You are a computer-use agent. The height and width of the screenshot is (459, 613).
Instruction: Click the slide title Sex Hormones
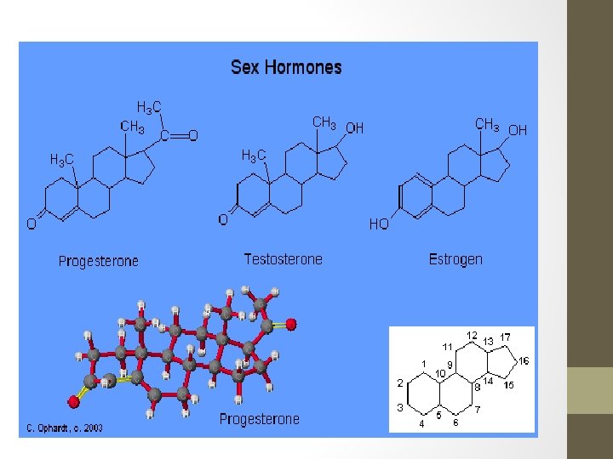[286, 68]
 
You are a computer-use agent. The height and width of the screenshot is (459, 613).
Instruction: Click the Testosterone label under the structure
[283, 259]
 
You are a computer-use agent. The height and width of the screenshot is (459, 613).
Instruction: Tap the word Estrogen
[455, 259]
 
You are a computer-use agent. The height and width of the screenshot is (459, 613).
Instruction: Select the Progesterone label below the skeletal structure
[98, 261]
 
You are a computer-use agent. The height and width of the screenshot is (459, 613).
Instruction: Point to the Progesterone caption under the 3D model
[260, 419]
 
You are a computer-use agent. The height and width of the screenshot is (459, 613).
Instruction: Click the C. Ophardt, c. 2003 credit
[64, 428]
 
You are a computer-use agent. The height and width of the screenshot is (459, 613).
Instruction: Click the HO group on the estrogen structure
[379, 224]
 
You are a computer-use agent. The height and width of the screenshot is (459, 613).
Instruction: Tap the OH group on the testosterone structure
[354, 128]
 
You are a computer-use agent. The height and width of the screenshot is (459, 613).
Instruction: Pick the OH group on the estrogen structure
[518, 130]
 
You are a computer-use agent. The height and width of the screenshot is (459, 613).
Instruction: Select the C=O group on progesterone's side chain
[179, 135]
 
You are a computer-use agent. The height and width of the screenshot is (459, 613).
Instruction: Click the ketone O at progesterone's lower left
[31, 224]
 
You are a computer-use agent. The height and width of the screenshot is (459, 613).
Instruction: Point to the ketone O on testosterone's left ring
[223, 219]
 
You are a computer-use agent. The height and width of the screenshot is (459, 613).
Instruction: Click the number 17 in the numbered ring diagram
[505, 338]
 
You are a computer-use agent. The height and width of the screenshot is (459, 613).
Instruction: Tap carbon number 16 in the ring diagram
[524, 361]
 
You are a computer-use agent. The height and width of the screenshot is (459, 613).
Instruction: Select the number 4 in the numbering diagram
[421, 424]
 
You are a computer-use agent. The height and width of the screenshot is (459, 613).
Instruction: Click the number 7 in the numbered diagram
[478, 411]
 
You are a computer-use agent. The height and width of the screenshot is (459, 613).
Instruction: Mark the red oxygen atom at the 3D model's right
[291, 324]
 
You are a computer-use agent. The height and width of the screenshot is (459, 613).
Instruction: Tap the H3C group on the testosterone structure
[254, 156]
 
